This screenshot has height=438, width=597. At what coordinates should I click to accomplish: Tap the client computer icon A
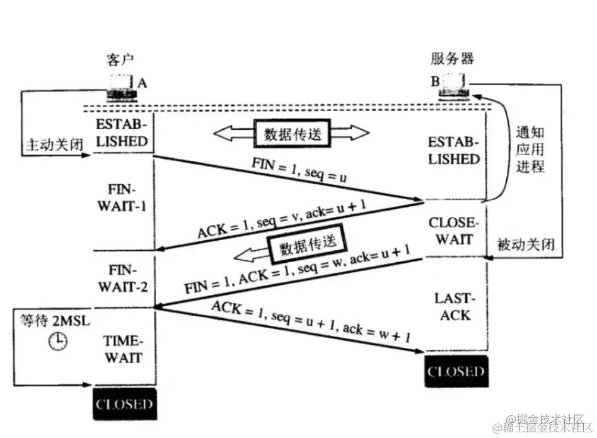[122, 87]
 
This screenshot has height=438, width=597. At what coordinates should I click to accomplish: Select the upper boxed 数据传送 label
[290, 134]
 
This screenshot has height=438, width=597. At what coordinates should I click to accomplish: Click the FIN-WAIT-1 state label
[123, 198]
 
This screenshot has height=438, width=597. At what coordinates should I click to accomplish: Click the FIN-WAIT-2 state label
[123, 279]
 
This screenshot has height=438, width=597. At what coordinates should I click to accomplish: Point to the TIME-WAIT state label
[123, 350]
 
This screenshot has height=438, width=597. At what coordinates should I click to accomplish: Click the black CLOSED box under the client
[124, 403]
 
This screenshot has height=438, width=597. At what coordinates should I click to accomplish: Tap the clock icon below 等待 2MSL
[58, 342]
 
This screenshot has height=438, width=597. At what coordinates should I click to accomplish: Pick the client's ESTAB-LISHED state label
[123, 131]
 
